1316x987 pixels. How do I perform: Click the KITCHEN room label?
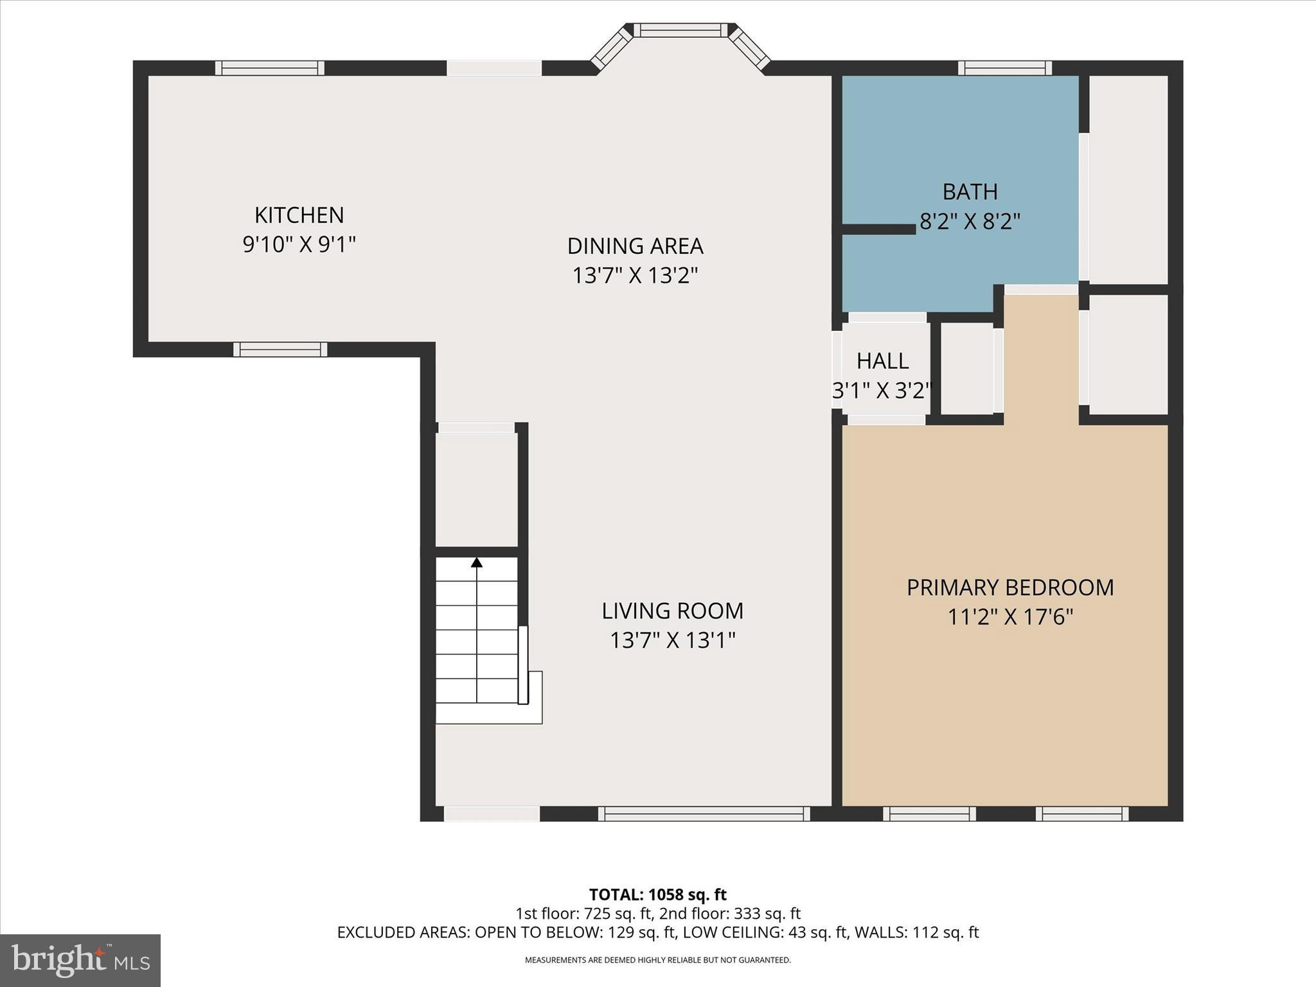click(x=299, y=215)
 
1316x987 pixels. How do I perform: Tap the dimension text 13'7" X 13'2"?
click(x=635, y=276)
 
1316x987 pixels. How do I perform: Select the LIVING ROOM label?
click(x=672, y=610)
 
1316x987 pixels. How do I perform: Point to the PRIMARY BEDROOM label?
click(x=1010, y=587)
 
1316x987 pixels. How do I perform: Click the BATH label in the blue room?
click(x=970, y=191)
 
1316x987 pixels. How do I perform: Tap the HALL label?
click(x=882, y=361)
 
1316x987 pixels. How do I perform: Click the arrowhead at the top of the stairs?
click(x=476, y=563)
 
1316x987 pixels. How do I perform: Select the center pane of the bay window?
click(x=680, y=30)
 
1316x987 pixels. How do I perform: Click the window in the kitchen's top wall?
click(x=269, y=68)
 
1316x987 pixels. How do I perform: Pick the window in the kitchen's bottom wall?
click(x=280, y=350)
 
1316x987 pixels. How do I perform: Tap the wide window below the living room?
click(x=704, y=814)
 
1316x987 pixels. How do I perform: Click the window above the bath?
click(x=1004, y=68)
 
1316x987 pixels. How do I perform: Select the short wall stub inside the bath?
click(x=878, y=229)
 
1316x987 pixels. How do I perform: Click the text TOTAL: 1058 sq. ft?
click(x=657, y=894)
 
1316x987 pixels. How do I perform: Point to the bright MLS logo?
click(x=80, y=960)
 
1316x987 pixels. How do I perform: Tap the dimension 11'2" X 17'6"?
click(x=1010, y=618)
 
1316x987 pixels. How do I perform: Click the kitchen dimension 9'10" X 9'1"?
click(x=299, y=244)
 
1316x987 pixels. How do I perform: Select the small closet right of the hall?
click(x=967, y=368)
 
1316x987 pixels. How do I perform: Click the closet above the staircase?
click(x=476, y=488)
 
